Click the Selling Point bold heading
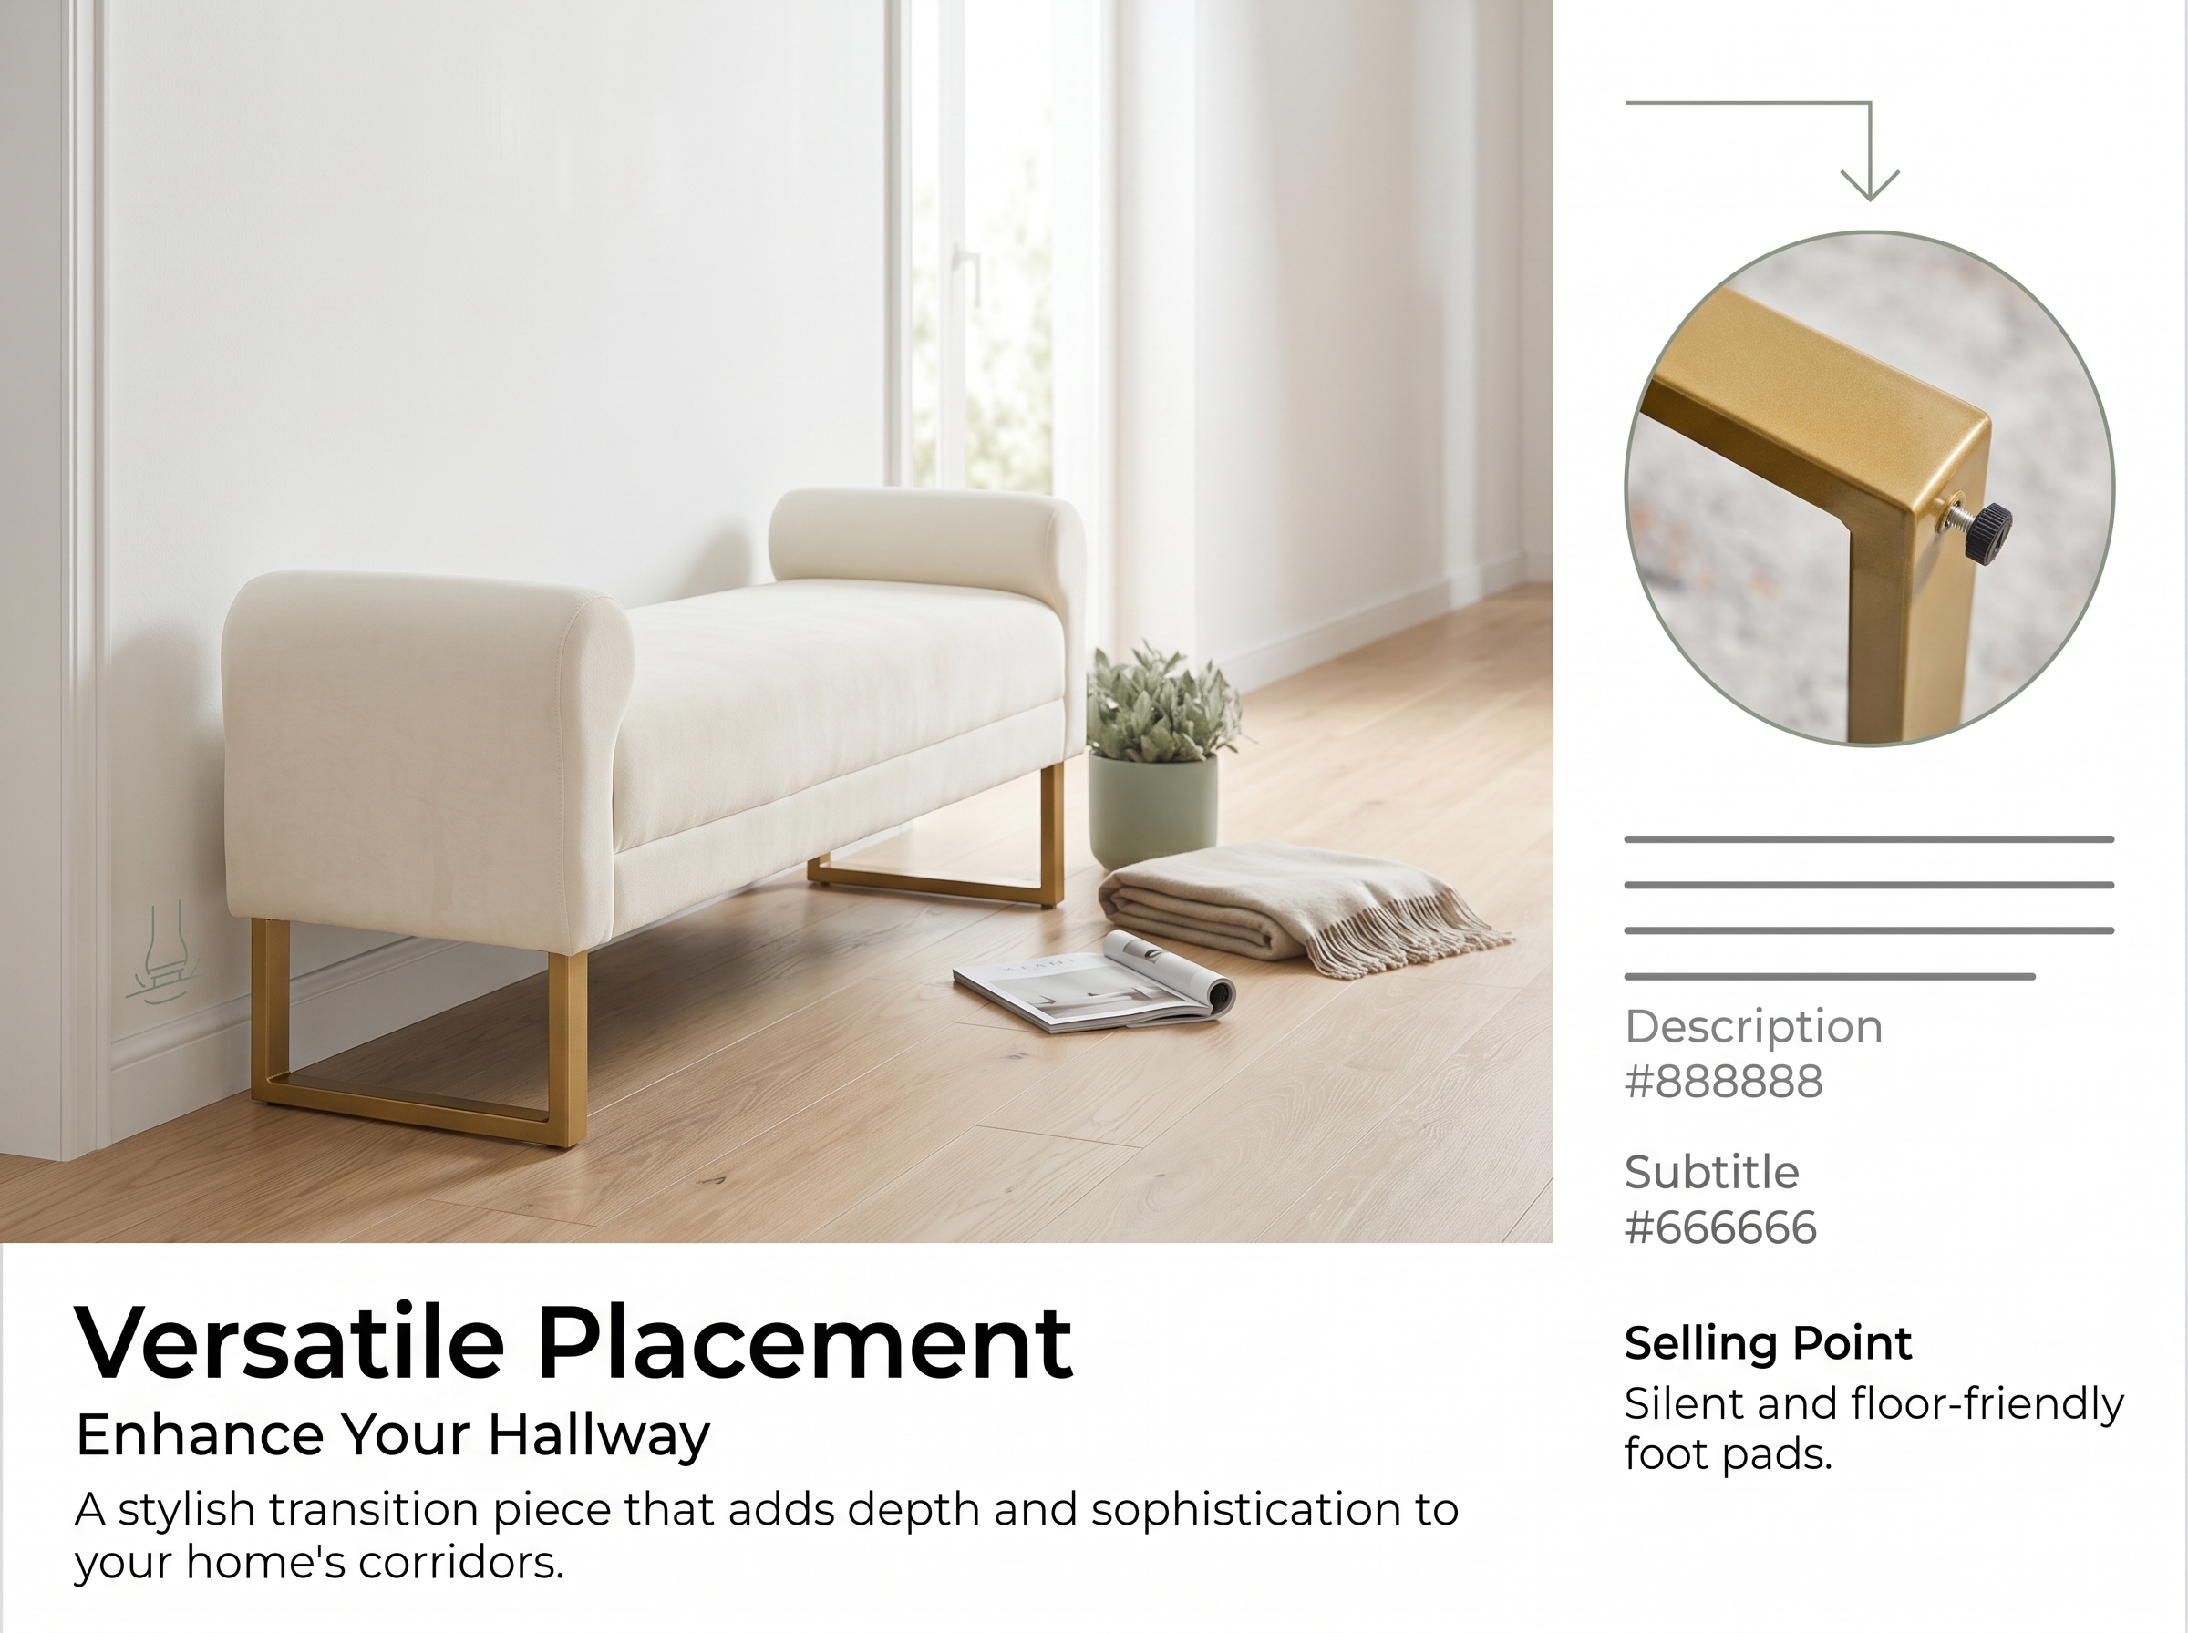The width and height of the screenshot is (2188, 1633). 1768,1343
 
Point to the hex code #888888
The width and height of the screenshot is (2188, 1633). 1723,1082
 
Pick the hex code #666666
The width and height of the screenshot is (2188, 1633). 1720,1227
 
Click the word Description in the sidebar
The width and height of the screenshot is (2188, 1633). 1753,1027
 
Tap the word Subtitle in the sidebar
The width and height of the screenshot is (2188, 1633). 1711,1173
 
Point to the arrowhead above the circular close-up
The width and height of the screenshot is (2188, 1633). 1870,185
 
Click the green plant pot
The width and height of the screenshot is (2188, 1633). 1153,810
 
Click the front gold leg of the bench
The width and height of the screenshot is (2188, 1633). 418,1035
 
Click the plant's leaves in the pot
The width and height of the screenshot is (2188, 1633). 1161,702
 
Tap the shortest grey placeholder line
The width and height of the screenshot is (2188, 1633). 1829,977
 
